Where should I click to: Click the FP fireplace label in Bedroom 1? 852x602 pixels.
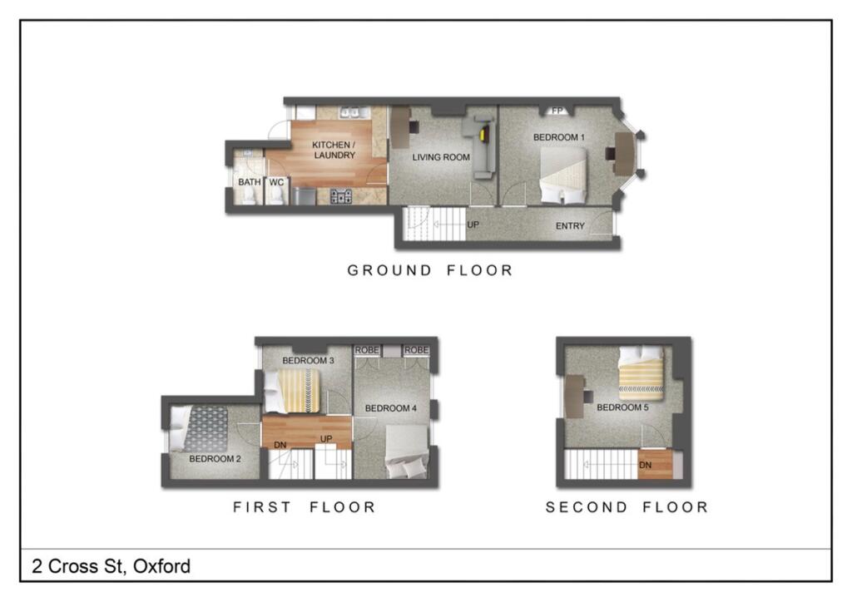(557, 111)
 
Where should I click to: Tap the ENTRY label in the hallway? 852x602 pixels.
(570, 226)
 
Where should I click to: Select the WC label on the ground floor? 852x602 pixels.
(276, 182)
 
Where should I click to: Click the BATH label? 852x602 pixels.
(249, 182)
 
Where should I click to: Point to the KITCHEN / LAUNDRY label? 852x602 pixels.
(334, 150)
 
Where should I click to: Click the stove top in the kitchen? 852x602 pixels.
(341, 196)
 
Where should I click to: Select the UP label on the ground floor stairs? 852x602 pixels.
(472, 225)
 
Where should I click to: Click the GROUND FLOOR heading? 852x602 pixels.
(429, 270)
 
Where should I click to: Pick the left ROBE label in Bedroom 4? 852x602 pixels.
(367, 350)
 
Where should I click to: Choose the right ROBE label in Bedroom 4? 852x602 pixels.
(417, 350)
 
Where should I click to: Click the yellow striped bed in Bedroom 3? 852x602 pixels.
(297, 389)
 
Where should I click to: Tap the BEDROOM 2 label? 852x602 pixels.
(215, 459)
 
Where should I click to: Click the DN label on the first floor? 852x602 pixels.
(280, 445)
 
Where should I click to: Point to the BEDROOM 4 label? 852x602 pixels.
(390, 408)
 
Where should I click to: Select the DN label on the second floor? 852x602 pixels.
(646, 465)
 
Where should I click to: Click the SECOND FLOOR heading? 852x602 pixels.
(627, 506)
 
